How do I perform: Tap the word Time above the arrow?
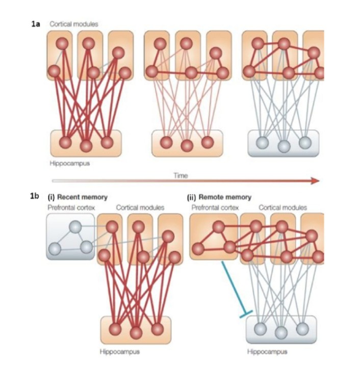coord(181,175)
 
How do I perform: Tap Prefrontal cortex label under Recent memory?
coord(68,207)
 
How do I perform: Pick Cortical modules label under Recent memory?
coord(140,207)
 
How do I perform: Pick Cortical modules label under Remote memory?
coord(283,207)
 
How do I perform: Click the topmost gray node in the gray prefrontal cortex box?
coord(75,227)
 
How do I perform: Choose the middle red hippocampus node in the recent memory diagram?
coord(136,333)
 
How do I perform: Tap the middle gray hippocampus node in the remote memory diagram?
coord(280,332)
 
